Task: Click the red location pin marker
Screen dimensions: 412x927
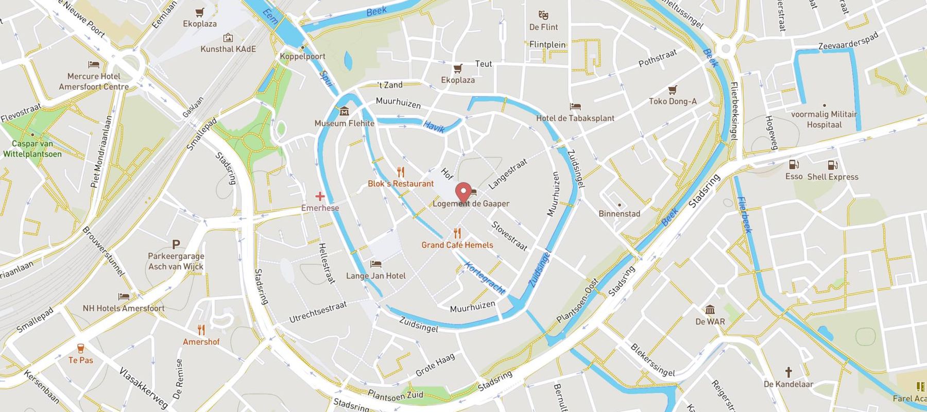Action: tap(464, 193)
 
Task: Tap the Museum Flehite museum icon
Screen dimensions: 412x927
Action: tap(344, 111)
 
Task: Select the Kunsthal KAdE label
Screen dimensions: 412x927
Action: tap(228, 49)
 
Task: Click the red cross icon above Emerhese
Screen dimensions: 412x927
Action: tap(320, 196)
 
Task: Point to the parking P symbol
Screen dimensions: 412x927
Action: tap(176, 244)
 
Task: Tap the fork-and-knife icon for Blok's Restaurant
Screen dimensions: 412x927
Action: tap(401, 172)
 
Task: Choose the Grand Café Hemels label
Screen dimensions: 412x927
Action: tap(457, 245)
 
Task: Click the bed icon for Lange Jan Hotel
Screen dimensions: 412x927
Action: tap(376, 264)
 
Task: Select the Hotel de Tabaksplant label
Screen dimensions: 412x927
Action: tap(575, 118)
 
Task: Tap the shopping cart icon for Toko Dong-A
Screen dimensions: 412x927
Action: tap(672, 90)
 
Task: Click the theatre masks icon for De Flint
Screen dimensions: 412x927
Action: tap(543, 15)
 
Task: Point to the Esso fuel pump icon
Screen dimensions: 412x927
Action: tap(794, 165)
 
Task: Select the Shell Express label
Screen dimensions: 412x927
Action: tap(833, 177)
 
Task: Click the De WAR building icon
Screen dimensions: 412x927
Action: tap(710, 310)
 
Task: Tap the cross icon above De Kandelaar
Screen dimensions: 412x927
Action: tap(788, 372)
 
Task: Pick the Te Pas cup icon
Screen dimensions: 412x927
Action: tap(81, 349)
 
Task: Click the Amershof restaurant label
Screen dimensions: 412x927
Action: tap(201, 342)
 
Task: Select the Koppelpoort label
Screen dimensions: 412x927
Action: tap(303, 56)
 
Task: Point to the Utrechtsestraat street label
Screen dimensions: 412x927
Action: tap(318, 312)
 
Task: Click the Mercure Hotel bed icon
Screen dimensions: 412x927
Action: tap(94, 65)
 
